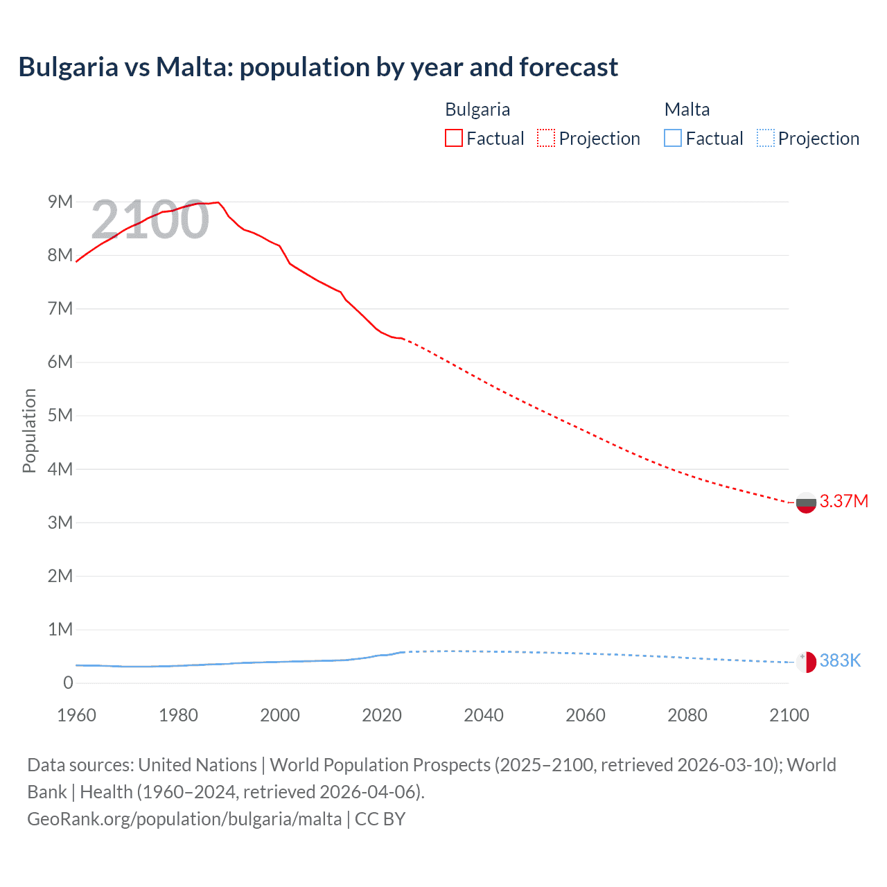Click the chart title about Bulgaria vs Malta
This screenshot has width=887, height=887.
(318, 67)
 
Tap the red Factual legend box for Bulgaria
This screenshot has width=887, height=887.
(453, 138)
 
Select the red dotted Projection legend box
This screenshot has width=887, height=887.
(546, 138)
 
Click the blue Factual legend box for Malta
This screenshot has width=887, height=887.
(673, 138)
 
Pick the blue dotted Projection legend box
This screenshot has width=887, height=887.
(766, 138)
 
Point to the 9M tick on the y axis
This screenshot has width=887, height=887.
(60, 202)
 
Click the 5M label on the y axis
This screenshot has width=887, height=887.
(60, 415)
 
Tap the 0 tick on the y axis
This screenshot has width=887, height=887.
(68, 683)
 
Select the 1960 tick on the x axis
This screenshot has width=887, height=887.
(76, 715)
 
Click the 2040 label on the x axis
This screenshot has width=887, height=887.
(484, 715)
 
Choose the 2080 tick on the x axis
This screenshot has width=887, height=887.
(687, 715)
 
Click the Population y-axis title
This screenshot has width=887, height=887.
(29, 430)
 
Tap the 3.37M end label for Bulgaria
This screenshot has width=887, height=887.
(843, 501)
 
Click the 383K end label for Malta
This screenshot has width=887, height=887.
(840, 660)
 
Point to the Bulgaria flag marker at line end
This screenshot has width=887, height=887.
(806, 502)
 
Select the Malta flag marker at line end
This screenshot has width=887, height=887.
(806, 662)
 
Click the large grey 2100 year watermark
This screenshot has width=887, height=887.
(150, 220)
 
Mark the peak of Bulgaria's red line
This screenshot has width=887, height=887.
(218, 202)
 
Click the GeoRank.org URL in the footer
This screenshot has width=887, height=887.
(184, 819)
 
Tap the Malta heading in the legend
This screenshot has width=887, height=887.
(687, 109)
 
